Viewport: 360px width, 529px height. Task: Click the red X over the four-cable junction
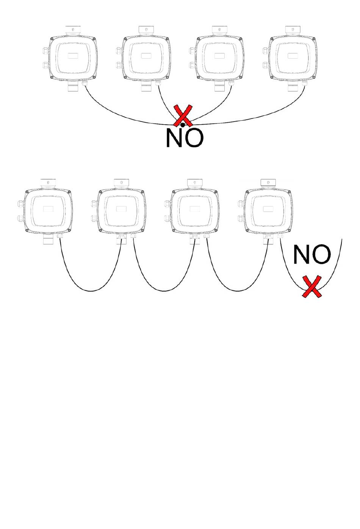(183, 116)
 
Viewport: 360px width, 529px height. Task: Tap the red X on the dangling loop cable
(312, 286)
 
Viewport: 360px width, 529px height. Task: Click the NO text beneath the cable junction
(185, 138)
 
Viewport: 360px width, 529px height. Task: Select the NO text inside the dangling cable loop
(312, 254)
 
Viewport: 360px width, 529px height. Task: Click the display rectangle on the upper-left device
(73, 56)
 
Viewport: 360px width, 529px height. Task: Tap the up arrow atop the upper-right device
(293, 29)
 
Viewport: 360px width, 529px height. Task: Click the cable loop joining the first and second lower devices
(91, 291)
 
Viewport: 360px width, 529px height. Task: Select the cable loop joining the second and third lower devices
(164, 291)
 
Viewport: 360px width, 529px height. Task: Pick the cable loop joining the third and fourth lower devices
(238, 291)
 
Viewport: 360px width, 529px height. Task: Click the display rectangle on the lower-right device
(268, 209)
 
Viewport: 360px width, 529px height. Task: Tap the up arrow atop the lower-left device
(48, 182)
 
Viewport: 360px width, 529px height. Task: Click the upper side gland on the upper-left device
(45, 50)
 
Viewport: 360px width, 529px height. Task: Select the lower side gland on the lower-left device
(20, 218)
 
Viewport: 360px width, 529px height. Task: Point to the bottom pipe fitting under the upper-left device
(73, 86)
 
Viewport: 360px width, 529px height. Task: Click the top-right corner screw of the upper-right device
(314, 39)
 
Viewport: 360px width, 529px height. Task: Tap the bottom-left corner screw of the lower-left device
(27, 231)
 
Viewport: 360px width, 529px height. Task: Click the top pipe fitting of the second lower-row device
(121, 183)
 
